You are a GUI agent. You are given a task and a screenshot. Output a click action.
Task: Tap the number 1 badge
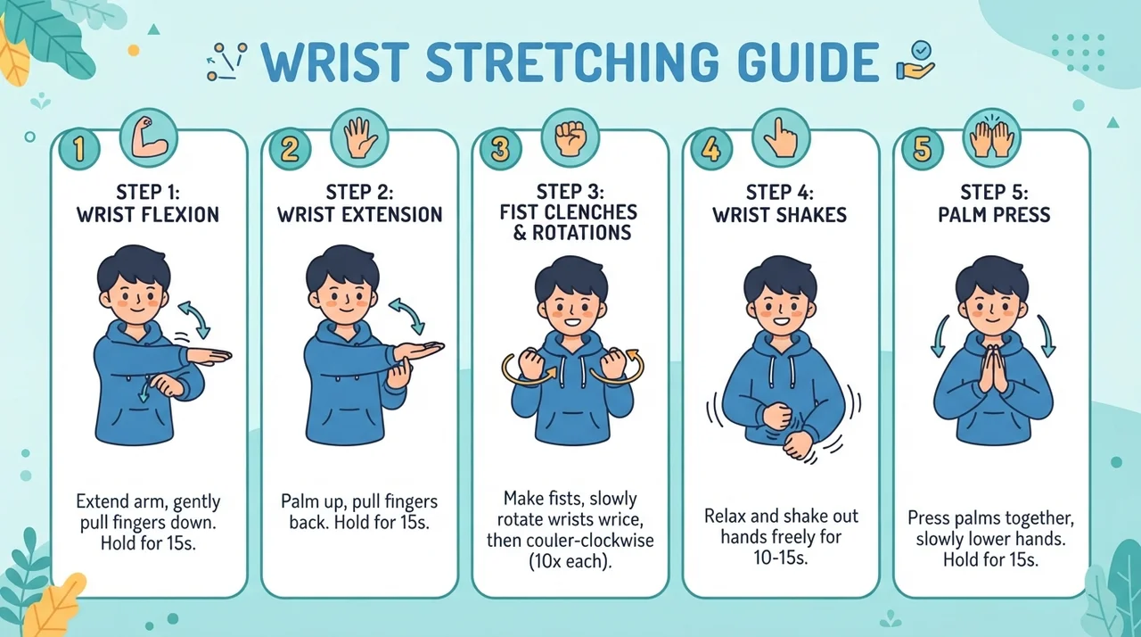(79, 149)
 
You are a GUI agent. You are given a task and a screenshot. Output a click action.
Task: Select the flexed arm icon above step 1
(149, 138)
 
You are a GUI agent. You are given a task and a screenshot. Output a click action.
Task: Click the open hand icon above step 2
(359, 138)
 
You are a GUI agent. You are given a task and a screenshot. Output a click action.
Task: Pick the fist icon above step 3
(570, 138)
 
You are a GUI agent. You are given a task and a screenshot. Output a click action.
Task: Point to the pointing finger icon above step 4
(782, 138)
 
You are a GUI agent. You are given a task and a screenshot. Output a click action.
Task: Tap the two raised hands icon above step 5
(992, 138)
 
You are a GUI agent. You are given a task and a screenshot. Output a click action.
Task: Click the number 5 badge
(922, 149)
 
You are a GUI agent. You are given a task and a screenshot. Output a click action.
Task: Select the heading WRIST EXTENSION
(359, 214)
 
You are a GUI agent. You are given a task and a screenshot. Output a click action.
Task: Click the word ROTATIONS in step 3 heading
(582, 233)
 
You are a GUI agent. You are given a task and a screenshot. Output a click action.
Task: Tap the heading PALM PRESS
(994, 214)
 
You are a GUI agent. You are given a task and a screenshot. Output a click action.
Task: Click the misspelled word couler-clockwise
(590, 540)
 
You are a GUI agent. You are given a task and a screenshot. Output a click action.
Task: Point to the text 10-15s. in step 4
(781, 558)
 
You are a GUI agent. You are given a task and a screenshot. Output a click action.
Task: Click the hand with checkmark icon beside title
(915, 62)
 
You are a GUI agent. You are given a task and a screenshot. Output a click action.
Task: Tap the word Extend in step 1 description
(102, 501)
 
